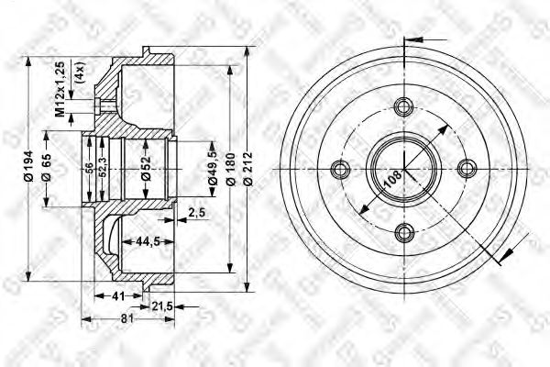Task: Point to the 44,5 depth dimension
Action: coord(137,242)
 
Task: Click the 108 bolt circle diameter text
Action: coord(390,180)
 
